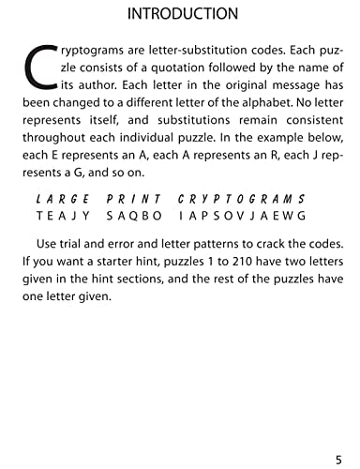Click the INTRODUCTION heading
(x=181, y=14)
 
